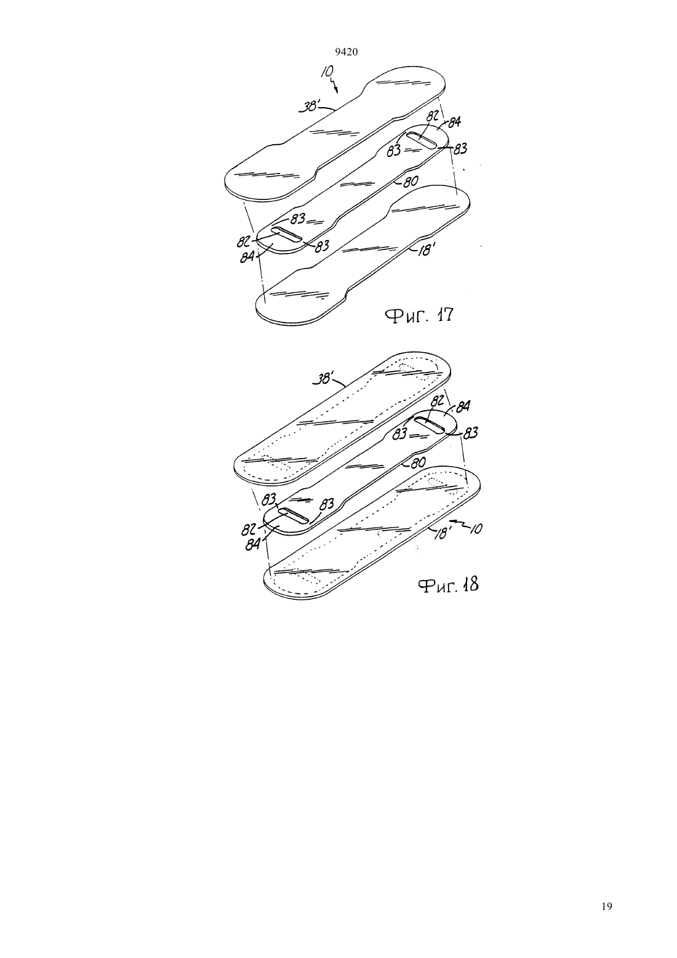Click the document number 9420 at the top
pos(347,52)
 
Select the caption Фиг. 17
pos(419,316)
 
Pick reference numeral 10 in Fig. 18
pos(475,529)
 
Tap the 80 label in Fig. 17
pos(410,182)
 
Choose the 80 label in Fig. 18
pos(418,462)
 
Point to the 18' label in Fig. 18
pos(443,533)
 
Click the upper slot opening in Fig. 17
pos(422,140)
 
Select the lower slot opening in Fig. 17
pos(286,235)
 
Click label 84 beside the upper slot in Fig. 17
pos(454,123)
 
